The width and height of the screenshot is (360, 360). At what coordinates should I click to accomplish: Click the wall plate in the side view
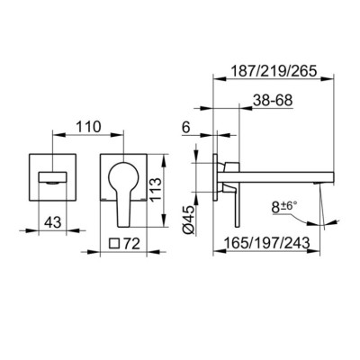click(x=219, y=184)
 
